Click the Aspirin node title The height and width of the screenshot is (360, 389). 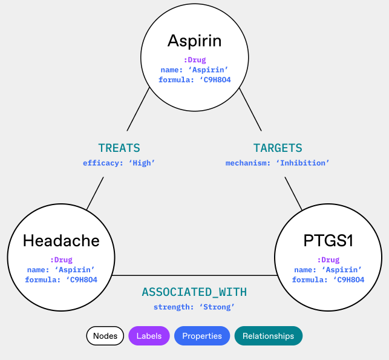coord(194,41)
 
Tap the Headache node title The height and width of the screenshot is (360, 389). coord(61,241)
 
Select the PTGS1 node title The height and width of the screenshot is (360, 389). coord(328,241)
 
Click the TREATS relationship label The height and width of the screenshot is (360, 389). coord(119,148)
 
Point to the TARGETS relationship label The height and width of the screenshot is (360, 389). coord(278,148)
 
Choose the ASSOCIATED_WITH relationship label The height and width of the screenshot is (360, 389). coord(194,292)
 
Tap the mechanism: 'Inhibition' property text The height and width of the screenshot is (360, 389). coord(278,163)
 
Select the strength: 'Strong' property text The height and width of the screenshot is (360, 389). coord(194,307)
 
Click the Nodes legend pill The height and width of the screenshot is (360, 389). coord(105,336)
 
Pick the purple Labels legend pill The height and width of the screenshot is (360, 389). coord(149,336)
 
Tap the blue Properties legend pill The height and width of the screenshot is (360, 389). coord(202,336)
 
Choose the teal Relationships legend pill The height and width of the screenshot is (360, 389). coord(268,336)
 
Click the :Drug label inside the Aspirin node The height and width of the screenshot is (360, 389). coord(195,60)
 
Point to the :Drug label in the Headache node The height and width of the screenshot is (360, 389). coord(61,260)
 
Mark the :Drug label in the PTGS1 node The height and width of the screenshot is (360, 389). coord(328,260)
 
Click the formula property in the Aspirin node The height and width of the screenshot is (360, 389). coord(194,79)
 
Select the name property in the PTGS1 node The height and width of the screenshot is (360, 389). coord(328,270)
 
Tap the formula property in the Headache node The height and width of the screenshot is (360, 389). coord(61,280)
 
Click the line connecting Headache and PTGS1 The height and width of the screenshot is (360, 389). coord(194,276)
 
